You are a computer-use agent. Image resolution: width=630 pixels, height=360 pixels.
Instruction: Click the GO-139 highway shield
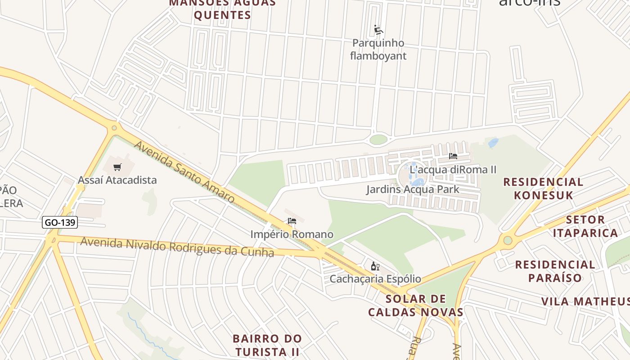click(x=60, y=222)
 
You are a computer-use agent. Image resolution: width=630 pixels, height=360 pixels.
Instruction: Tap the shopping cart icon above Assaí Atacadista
click(x=117, y=167)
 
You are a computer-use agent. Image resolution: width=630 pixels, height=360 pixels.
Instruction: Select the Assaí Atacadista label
click(x=117, y=180)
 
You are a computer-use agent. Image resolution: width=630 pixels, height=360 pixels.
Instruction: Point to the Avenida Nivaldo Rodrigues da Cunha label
click(x=177, y=247)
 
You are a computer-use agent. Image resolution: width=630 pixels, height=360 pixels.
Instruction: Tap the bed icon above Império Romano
click(x=292, y=221)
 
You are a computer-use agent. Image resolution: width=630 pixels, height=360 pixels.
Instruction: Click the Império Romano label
click(x=292, y=234)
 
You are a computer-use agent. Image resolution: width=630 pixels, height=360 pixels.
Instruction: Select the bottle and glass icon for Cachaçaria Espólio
click(x=375, y=266)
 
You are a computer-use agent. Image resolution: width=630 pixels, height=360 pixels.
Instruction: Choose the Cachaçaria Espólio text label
click(x=375, y=279)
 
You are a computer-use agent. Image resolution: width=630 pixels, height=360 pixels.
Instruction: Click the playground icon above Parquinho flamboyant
click(x=378, y=30)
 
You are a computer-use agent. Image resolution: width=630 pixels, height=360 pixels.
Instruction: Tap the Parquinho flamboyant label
click(x=378, y=49)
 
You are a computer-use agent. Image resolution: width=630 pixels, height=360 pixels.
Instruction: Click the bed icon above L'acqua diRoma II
click(x=453, y=156)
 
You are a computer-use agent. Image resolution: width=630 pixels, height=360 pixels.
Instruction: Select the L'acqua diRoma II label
click(x=453, y=170)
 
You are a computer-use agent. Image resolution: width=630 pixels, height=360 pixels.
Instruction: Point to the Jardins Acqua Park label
click(x=413, y=189)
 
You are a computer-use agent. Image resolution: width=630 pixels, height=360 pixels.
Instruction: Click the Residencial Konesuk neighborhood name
click(x=543, y=189)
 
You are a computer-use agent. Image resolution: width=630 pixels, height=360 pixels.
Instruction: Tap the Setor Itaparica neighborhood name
click(x=585, y=226)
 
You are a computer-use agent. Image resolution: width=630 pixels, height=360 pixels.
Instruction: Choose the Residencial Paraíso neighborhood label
click(x=555, y=271)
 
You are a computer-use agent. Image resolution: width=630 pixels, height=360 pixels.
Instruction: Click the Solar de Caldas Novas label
click(x=416, y=306)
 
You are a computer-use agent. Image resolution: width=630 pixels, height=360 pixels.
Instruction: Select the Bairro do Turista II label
click(x=267, y=345)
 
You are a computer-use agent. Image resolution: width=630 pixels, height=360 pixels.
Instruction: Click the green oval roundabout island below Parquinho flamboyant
click(x=378, y=139)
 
